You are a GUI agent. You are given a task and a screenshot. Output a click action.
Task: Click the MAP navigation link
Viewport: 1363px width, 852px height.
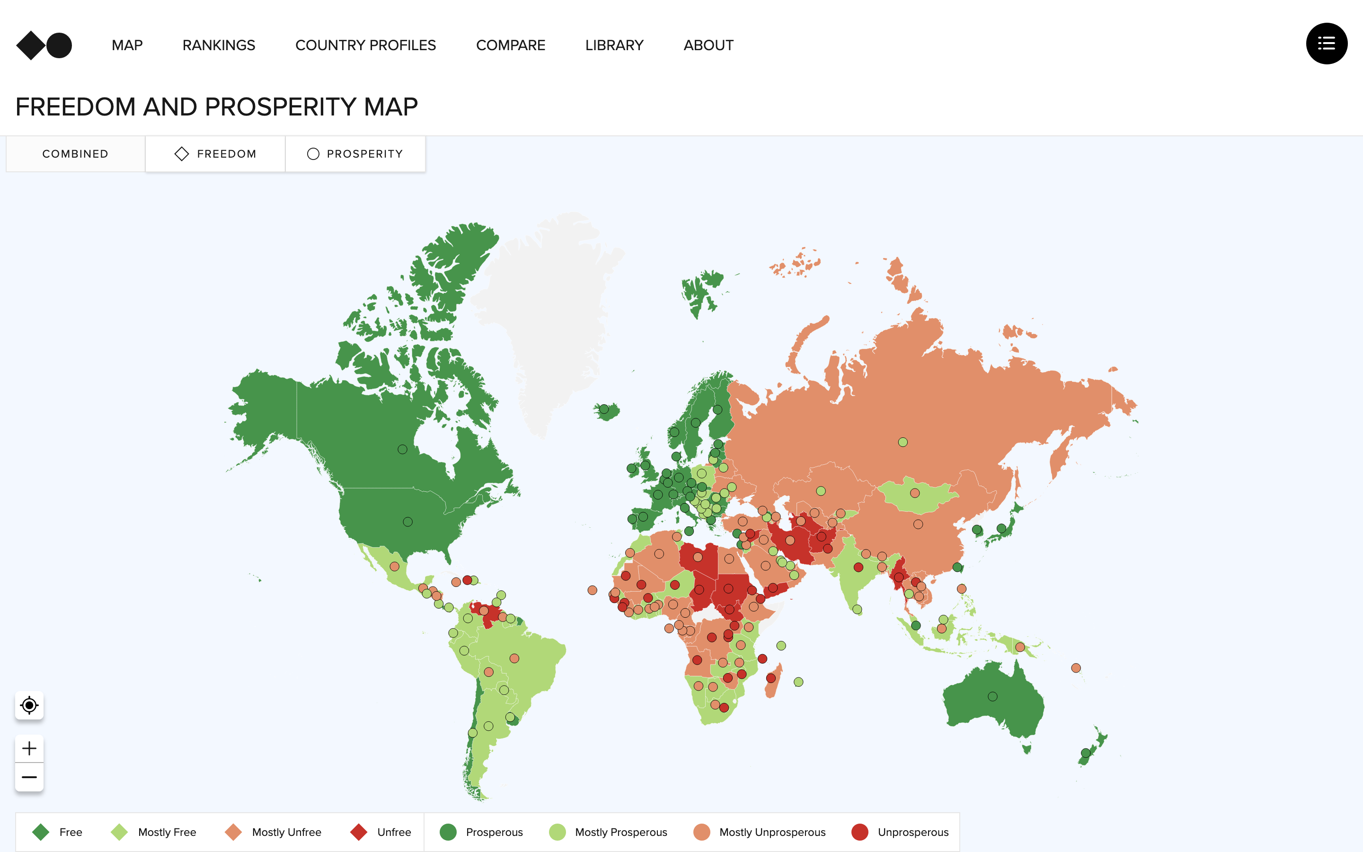pos(127,45)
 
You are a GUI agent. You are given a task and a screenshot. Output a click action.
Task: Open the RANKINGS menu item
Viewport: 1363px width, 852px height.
pos(219,45)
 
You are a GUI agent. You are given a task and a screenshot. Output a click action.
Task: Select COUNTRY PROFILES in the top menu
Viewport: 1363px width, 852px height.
pos(365,45)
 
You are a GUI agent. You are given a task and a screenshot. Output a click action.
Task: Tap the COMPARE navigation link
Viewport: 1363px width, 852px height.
pos(510,45)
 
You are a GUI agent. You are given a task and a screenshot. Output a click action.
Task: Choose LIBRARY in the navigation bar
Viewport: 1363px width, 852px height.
pos(614,45)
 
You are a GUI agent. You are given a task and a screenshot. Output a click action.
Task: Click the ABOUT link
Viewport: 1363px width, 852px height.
pos(708,45)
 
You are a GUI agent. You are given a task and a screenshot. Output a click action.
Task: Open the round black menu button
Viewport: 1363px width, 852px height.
pos(1327,44)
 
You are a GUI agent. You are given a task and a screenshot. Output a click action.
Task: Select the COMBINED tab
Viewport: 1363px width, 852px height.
pos(75,154)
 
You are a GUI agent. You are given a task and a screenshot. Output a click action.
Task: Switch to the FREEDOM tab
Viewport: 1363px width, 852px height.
pos(215,154)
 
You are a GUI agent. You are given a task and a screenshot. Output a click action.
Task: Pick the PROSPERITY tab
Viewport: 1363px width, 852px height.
pos(355,154)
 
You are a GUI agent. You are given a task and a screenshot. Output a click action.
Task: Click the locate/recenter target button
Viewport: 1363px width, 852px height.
pos(29,705)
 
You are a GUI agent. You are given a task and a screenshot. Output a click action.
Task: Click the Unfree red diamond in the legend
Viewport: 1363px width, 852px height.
pos(359,832)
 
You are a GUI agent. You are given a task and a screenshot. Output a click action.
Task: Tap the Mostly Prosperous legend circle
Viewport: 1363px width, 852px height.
pos(557,832)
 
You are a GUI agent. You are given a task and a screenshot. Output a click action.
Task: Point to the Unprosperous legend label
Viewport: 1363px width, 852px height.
pos(912,832)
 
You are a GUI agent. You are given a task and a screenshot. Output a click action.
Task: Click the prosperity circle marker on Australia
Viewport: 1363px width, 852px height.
pos(992,696)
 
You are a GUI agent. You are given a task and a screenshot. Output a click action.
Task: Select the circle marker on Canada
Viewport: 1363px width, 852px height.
pos(402,449)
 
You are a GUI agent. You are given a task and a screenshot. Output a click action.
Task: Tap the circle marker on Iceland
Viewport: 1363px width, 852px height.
pos(604,408)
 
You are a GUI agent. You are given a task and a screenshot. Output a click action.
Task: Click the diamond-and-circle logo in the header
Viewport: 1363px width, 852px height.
pos(44,45)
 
